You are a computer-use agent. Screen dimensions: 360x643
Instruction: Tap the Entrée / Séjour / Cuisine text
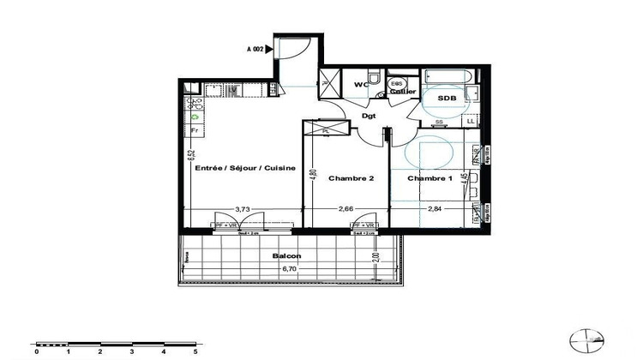pyautogui.click(x=245, y=168)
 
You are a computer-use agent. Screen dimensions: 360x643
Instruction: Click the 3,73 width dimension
pyautogui.click(x=243, y=207)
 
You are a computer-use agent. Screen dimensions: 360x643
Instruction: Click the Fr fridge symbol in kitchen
pyautogui.click(x=195, y=131)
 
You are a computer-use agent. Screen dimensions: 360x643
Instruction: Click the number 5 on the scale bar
pyautogui.click(x=196, y=351)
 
